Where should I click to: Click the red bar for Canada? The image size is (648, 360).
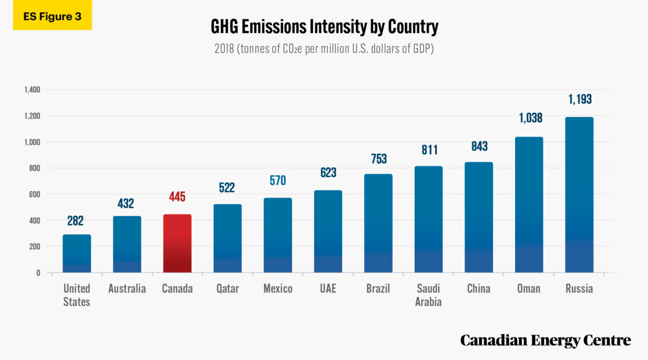pos(177,243)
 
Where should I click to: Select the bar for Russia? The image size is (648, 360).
pos(579,194)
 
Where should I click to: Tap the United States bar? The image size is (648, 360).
pos(77,253)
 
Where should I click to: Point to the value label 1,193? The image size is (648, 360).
pos(579,99)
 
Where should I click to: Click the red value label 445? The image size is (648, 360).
pos(177,197)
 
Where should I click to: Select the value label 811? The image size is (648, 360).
pos(428,150)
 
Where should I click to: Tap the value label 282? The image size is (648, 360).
pos(77,221)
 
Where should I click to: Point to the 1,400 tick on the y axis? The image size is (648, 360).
pos(32,90)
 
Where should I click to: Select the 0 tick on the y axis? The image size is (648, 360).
pos(38,273)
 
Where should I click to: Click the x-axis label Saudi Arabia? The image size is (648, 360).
pos(428,295)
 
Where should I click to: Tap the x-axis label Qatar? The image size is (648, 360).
pos(227,289)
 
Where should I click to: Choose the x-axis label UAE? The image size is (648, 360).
pos(328,289)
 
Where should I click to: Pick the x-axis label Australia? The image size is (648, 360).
pos(127,289)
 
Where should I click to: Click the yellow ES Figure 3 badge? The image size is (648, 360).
pos(52,16)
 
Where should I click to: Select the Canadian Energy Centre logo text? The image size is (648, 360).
pos(545,340)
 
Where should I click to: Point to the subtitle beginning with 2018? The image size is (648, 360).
pos(324,48)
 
